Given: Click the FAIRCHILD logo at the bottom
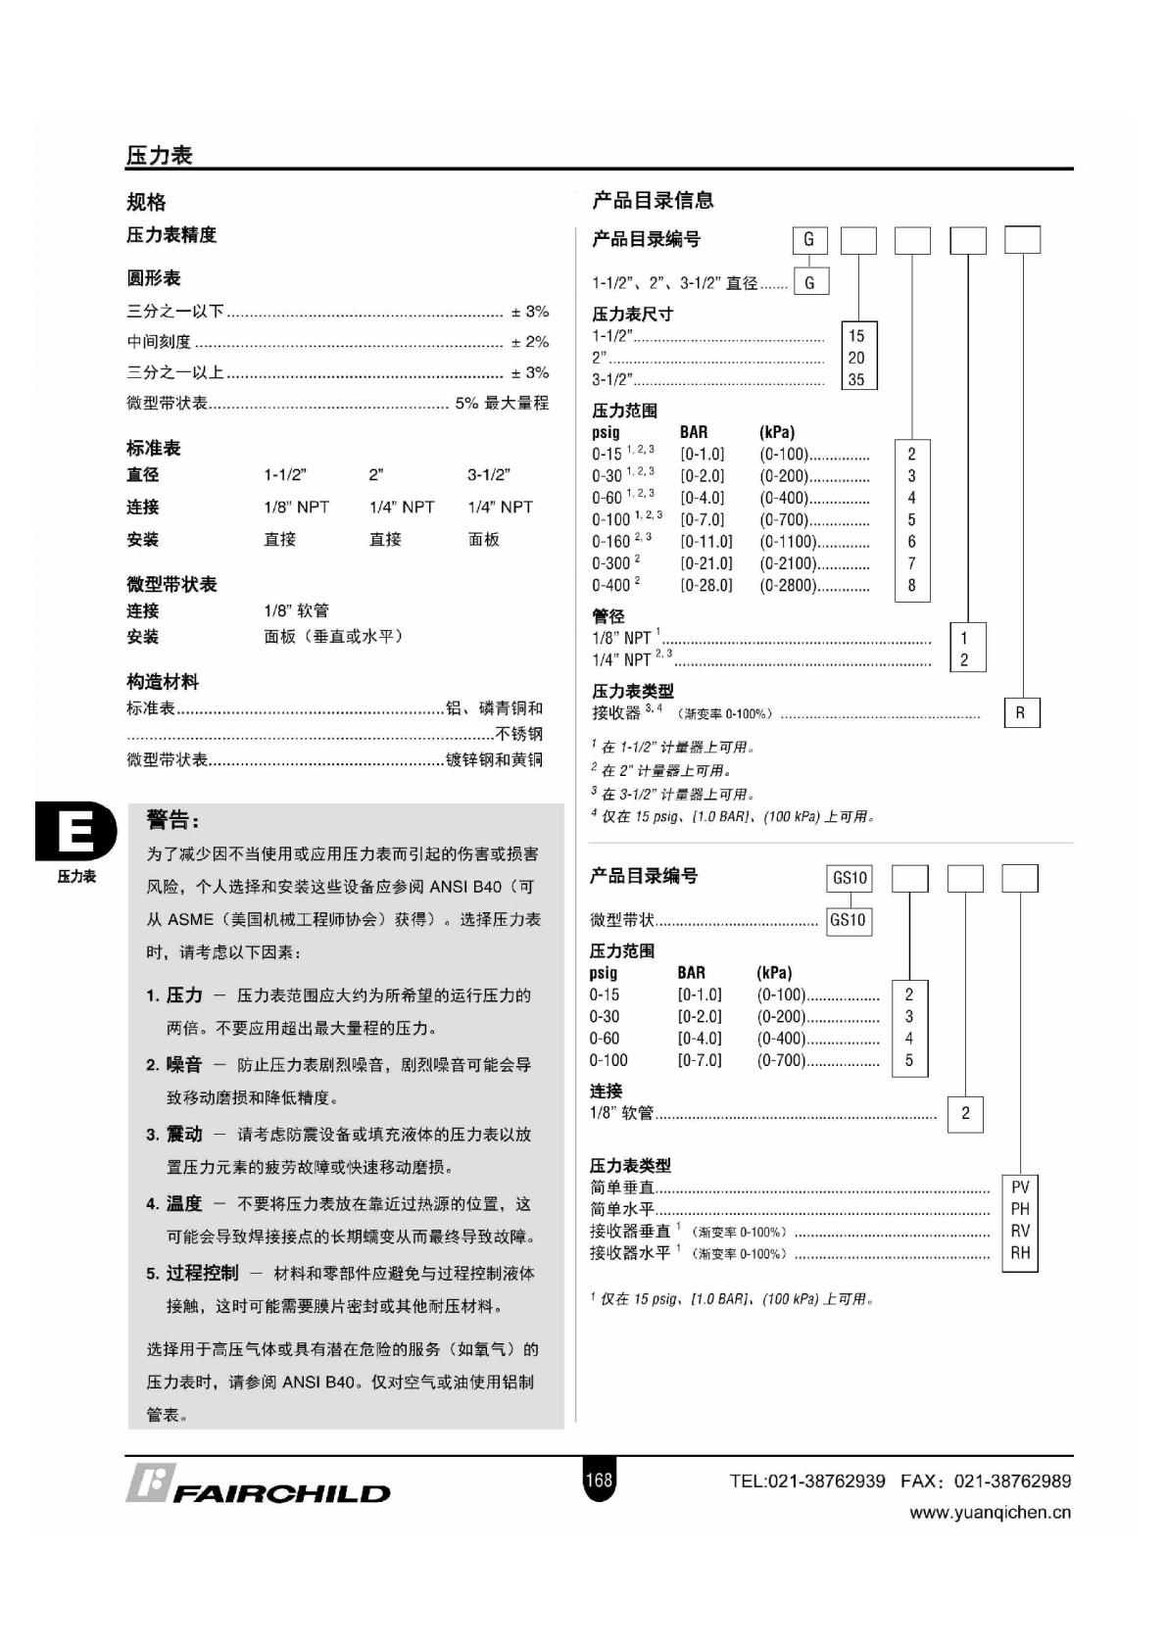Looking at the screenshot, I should [x=259, y=1485].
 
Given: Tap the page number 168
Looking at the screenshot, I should [x=598, y=1480].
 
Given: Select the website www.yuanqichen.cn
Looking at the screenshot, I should [x=990, y=1512].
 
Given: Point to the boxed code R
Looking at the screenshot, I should [x=1020, y=713].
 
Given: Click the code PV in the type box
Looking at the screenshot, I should [x=1019, y=1188].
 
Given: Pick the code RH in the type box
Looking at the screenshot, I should [x=1019, y=1252].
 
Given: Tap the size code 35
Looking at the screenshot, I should [x=856, y=379].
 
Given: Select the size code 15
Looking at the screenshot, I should [x=856, y=336].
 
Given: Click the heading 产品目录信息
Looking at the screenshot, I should [x=653, y=201].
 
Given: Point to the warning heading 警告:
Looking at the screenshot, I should [x=172, y=820].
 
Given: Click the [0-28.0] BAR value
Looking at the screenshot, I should [x=706, y=585].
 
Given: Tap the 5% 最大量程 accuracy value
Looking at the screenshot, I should [x=502, y=403].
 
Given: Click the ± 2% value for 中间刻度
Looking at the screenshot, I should [x=530, y=342].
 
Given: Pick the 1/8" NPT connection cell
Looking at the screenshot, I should [x=296, y=507].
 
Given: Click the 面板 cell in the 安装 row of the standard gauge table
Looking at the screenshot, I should [x=484, y=539].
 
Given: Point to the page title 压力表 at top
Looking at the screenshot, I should [x=159, y=155].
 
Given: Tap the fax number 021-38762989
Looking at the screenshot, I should [x=1012, y=1480].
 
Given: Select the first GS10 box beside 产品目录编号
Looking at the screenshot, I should [x=850, y=878].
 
